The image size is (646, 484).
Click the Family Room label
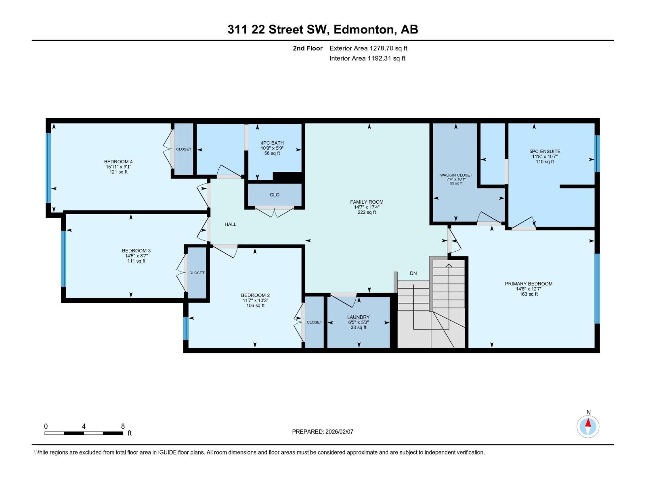[367, 202]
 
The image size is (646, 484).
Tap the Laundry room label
[358, 317]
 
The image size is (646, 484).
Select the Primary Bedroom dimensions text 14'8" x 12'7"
[529, 289]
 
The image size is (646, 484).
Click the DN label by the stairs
[413, 273]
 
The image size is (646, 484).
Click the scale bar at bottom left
[84, 433]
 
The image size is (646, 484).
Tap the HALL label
[231, 224]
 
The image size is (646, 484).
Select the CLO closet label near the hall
[275, 195]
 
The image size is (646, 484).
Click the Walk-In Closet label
[456, 175]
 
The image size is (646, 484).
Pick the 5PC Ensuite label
[545, 152]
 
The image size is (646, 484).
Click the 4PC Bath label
[272, 143]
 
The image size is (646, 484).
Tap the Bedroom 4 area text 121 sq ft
[118, 172]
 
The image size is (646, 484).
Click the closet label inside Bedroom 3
[197, 273]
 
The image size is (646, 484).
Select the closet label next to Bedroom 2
[314, 322]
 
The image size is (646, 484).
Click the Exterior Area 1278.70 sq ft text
[368, 48]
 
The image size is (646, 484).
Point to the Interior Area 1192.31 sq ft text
[367, 58]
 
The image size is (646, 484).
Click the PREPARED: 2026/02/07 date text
[323, 432]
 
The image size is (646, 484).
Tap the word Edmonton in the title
[363, 29]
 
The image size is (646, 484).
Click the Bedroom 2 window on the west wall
[186, 328]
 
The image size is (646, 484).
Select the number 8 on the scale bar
[123, 426]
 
